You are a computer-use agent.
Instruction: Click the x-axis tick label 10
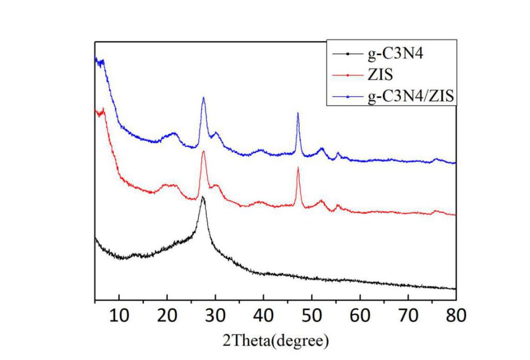click(x=119, y=316)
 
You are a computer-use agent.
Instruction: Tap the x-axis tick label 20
click(x=167, y=316)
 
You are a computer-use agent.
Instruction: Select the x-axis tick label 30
click(x=215, y=316)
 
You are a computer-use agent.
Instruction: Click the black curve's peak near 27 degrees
click(x=203, y=197)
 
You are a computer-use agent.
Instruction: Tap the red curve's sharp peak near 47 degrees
click(x=298, y=168)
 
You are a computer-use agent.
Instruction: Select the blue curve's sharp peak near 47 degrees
click(x=298, y=114)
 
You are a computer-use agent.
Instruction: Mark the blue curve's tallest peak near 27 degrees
click(x=204, y=98)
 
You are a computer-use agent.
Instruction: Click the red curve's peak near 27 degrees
click(x=204, y=151)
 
